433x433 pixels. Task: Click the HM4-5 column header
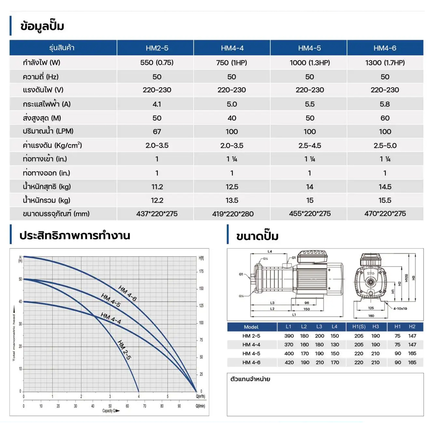(309, 48)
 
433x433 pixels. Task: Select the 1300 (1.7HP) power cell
(385, 63)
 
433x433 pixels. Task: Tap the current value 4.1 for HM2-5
(157, 104)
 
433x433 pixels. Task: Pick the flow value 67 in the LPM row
(157, 132)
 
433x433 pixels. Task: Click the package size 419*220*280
(233, 214)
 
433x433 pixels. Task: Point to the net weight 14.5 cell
(385, 187)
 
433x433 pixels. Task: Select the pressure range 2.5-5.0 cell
(385, 145)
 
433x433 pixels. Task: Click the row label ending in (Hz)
(40, 77)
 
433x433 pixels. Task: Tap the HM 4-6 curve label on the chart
(127, 293)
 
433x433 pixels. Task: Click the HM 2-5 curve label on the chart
(124, 350)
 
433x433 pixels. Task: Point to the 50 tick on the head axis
(20, 279)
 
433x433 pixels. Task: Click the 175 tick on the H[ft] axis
(201, 271)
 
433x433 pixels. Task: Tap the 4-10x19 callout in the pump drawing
(400, 309)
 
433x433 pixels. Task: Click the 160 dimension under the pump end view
(371, 316)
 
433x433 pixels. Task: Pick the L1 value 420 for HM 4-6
(289, 363)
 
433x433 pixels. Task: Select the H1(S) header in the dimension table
(359, 327)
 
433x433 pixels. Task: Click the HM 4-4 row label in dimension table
(251, 345)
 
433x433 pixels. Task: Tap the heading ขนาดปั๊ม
(257, 236)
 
